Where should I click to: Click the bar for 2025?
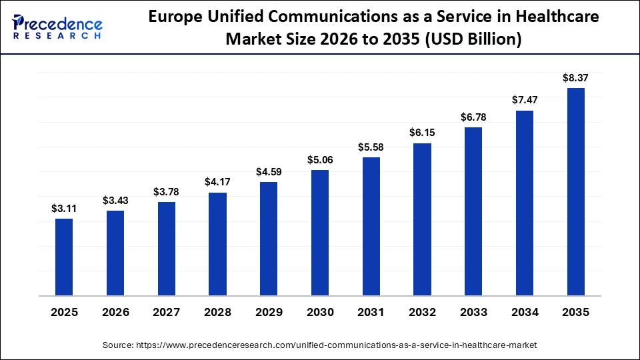tap(64, 257)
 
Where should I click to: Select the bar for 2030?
tap(320, 233)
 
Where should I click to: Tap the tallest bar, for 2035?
tap(576, 191)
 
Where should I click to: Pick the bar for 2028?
tap(217, 244)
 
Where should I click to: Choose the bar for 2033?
tap(473, 211)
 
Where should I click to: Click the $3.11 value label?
tap(64, 209)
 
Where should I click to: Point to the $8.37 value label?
tap(576, 78)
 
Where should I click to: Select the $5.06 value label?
tap(320, 160)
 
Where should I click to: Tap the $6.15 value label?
tap(422, 133)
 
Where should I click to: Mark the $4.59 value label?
tap(269, 172)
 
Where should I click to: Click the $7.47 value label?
tap(525, 100)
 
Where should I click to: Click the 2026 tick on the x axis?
tap(115, 312)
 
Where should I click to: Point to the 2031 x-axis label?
tap(371, 312)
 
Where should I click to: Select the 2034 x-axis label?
tap(525, 312)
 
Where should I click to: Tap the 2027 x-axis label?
tap(167, 312)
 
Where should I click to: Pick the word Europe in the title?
tap(173, 17)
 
